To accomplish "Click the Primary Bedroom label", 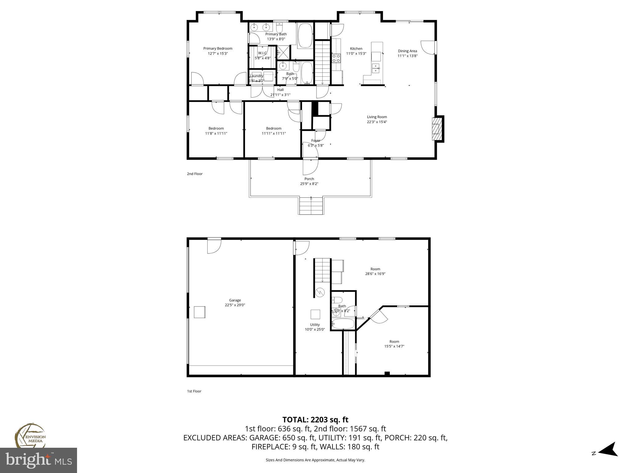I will pos(218,48).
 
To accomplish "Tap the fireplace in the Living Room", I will pos(437,129).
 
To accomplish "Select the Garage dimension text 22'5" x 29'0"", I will pos(235,305).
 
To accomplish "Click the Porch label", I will pos(309,179).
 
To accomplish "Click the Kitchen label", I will pos(356,49).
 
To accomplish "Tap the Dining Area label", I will pos(407,51).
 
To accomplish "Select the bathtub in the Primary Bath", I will pos(305,35).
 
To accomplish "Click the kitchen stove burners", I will pos(336,58).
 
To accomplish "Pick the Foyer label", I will pos(315,140).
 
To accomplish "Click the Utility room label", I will pos(315,325).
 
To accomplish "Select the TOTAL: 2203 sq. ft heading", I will pos(315,420).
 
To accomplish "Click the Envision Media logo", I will pos(30,436).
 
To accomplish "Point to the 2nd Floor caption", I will pos(195,174).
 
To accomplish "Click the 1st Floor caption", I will pos(194,391).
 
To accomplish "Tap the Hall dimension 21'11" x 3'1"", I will pos(280,95).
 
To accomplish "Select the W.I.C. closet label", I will pos(263,53).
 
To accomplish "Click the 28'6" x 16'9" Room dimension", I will pos(375,274).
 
